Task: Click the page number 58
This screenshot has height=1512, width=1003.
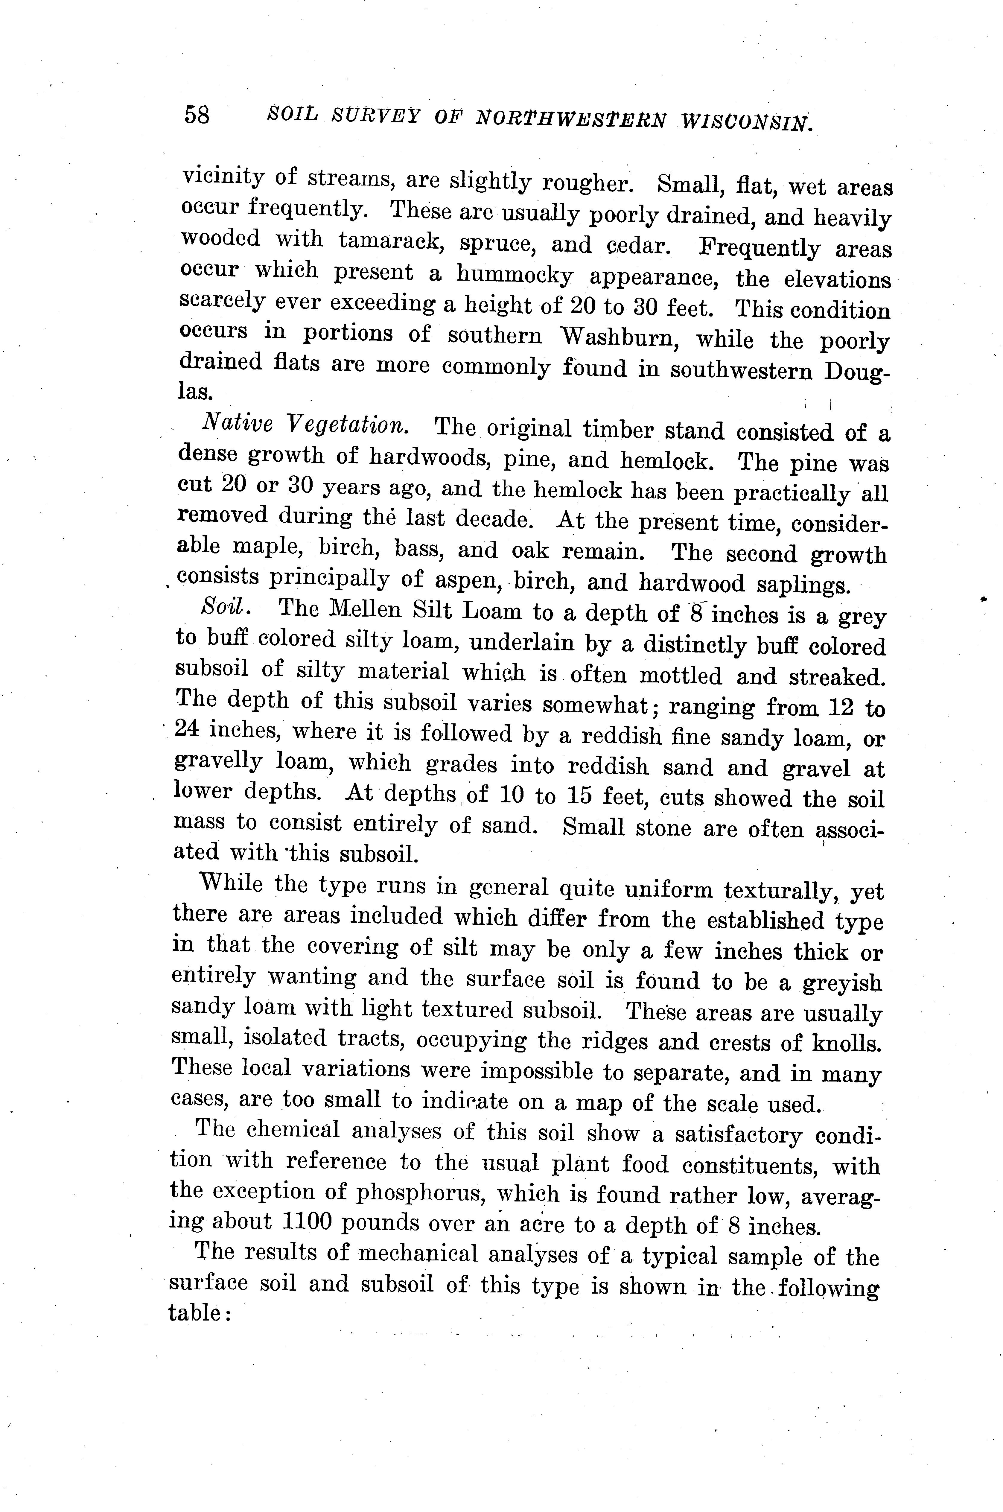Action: tap(196, 115)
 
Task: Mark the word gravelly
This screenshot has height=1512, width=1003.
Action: tap(217, 762)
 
